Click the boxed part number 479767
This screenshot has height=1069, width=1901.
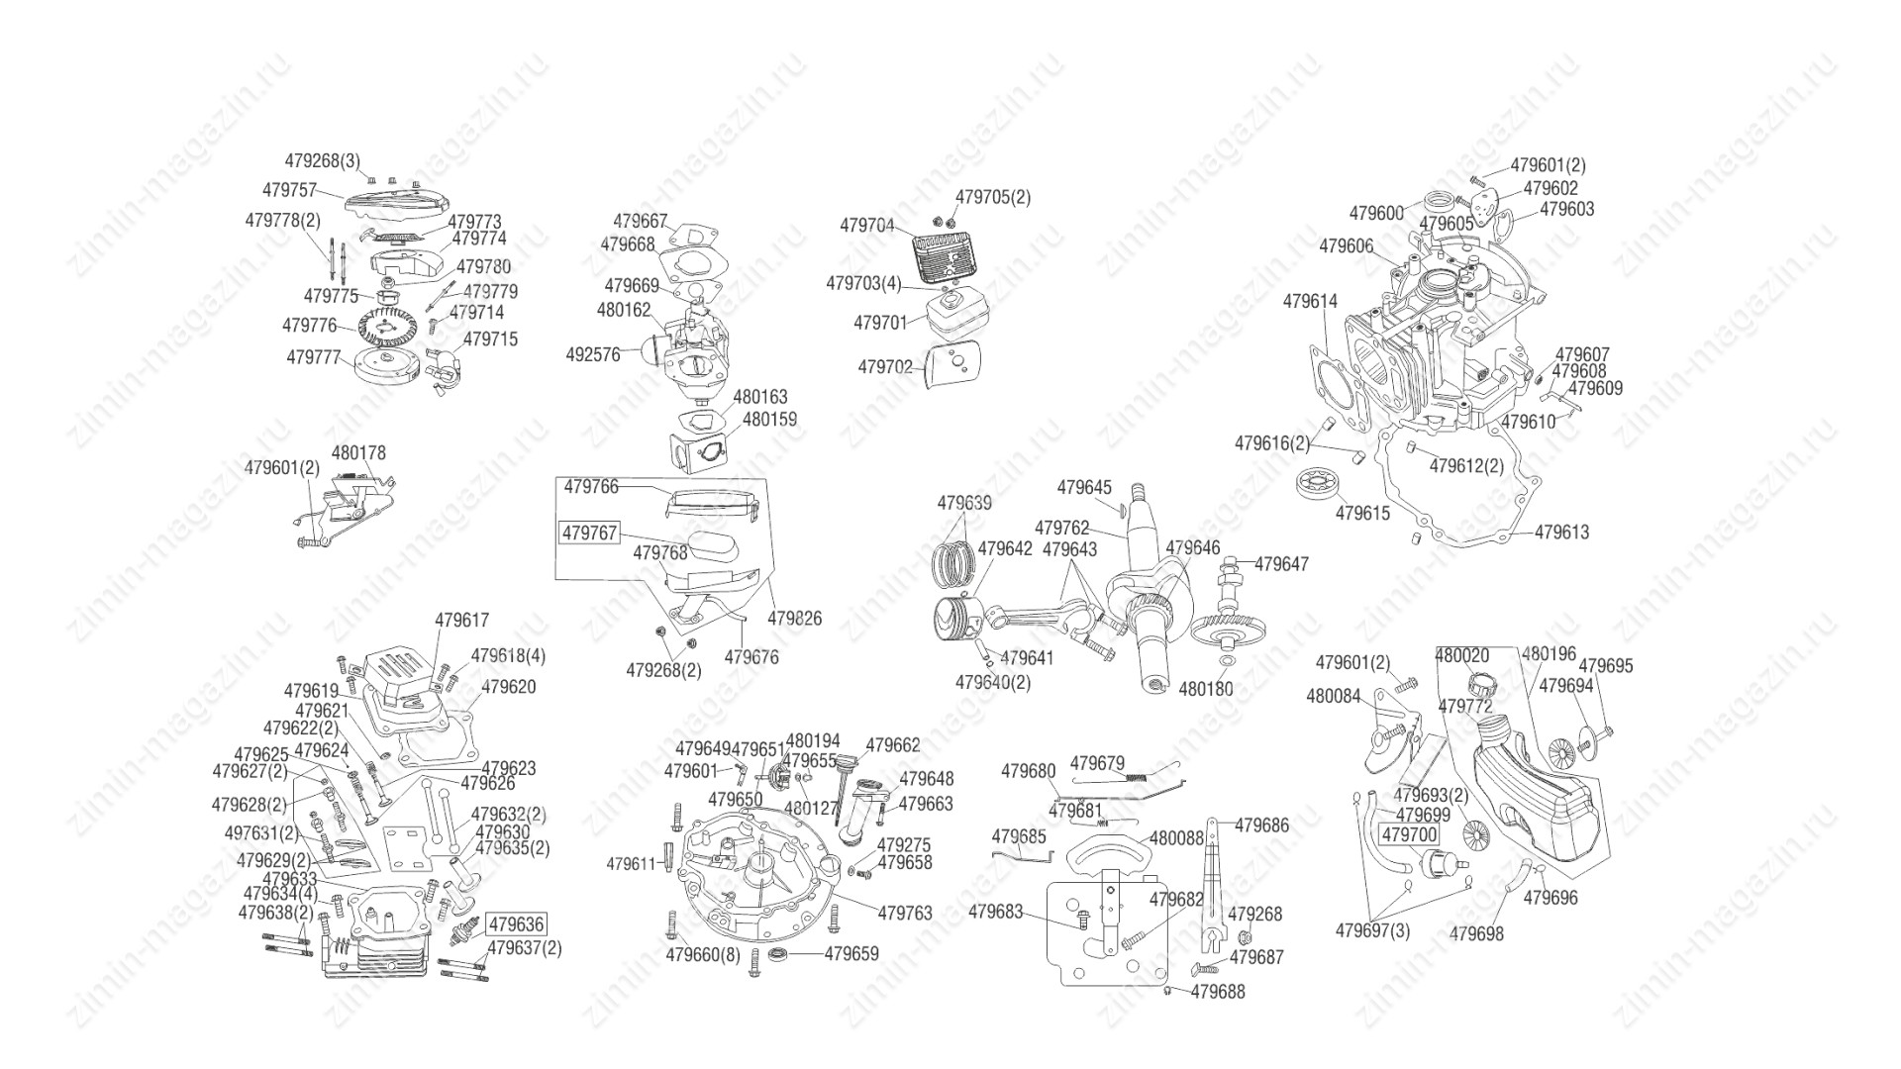[x=589, y=534]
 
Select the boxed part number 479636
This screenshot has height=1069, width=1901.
[x=516, y=924]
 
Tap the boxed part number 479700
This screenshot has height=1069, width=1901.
[x=1409, y=835]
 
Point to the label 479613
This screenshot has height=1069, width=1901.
[x=1561, y=533]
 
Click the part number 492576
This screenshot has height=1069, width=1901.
[x=593, y=354]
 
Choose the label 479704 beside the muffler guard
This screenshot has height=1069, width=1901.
[x=867, y=226]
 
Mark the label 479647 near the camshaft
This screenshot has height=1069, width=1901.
[x=1281, y=564]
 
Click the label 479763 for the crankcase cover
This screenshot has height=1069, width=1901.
[x=905, y=913]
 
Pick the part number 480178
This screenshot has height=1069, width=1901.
[x=358, y=453]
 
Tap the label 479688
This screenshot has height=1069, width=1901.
[x=1218, y=991]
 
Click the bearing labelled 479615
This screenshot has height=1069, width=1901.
[x=1315, y=484]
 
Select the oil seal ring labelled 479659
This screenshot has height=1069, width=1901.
[x=779, y=954]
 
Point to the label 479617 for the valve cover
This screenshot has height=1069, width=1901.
[x=461, y=621]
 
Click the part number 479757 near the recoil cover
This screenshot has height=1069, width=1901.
[x=289, y=189]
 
